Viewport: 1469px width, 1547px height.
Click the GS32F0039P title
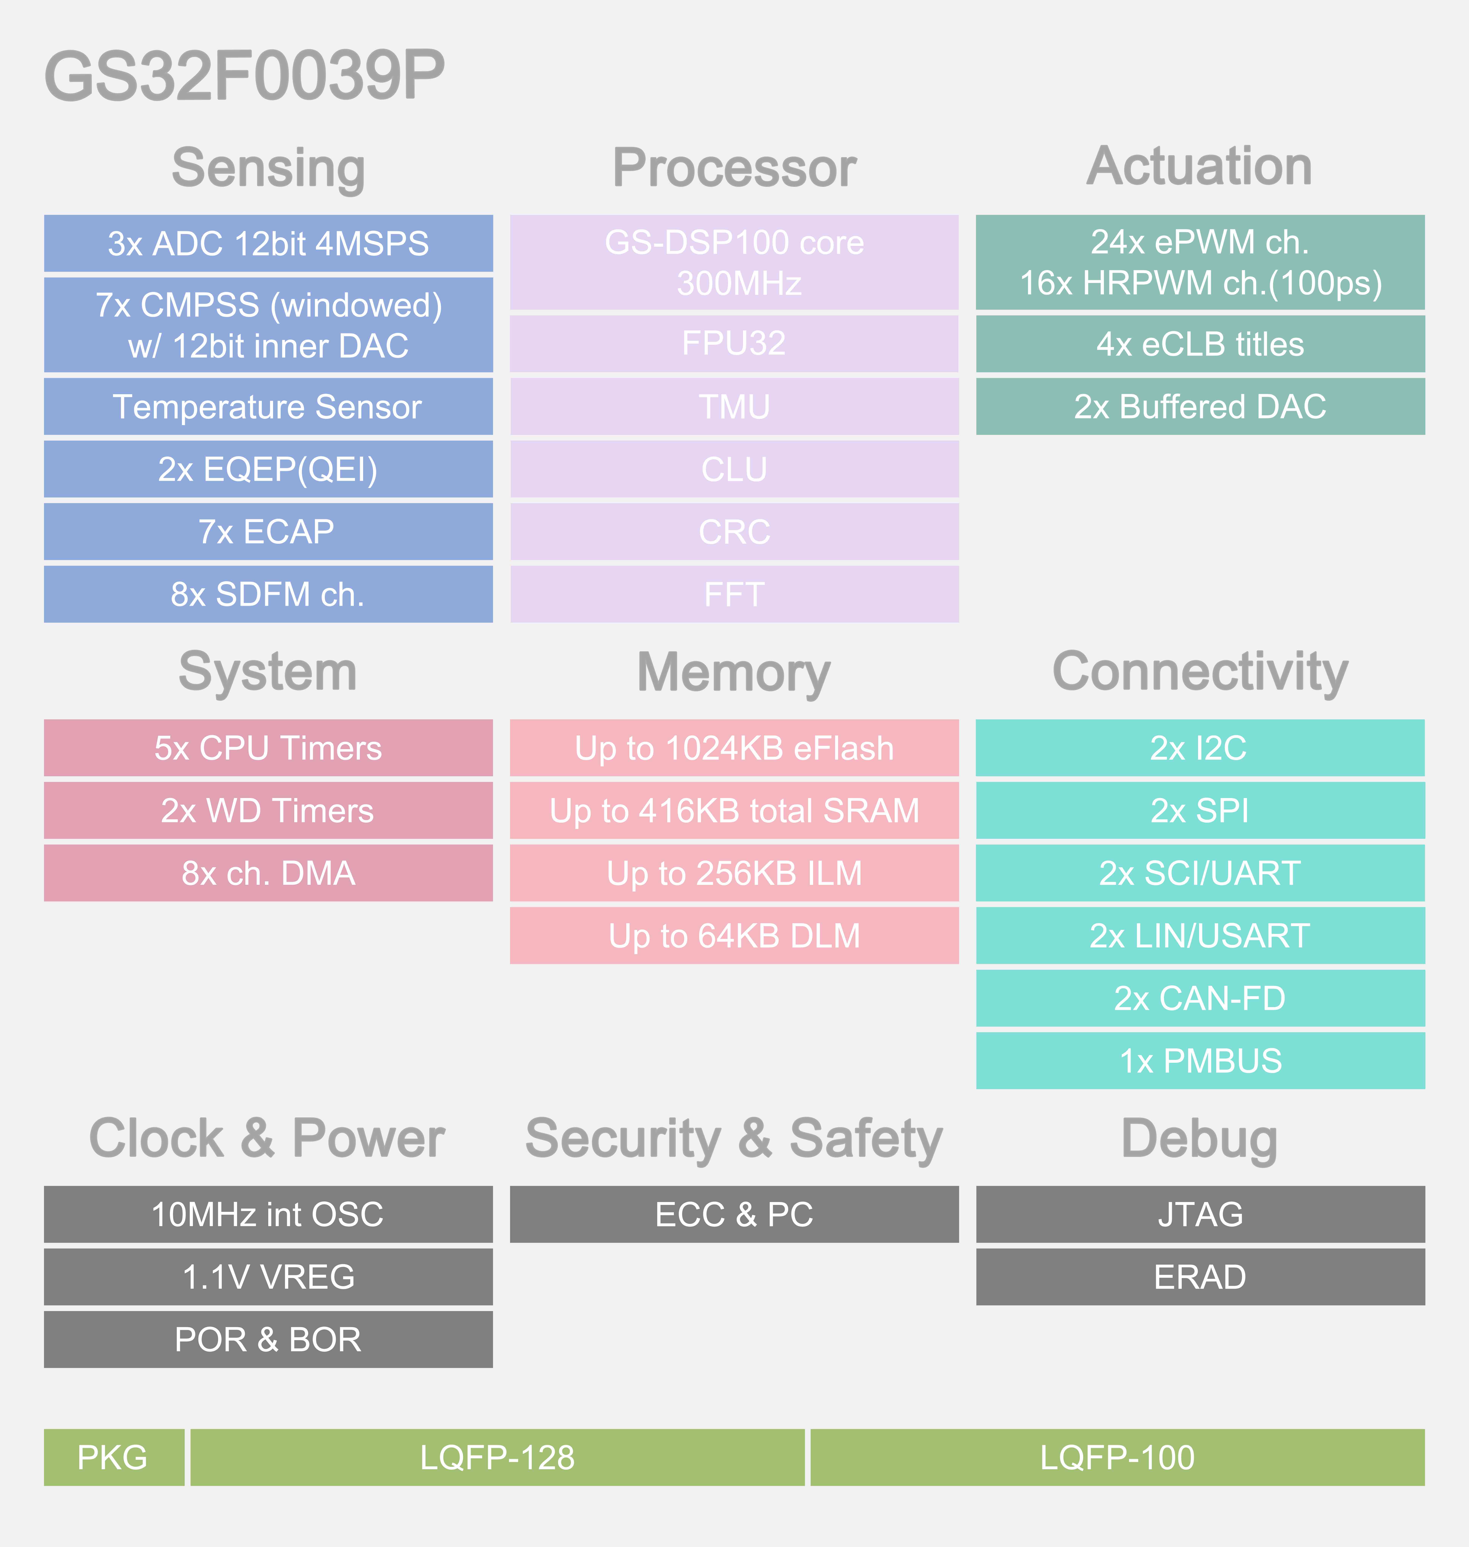244,75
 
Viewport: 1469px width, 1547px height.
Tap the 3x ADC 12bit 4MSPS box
268,244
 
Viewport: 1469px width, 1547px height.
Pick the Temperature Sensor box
268,407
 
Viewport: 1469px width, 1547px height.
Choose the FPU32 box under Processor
734,344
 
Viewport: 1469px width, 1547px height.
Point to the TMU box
734,407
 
